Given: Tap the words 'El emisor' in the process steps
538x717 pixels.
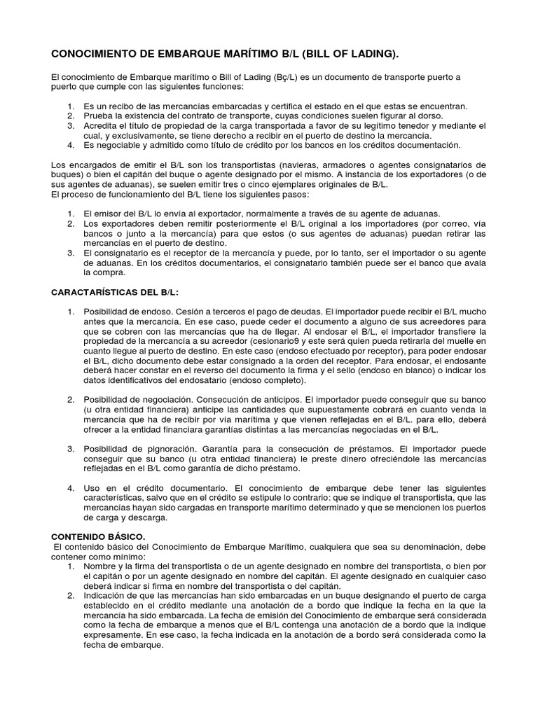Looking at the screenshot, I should click(102, 213).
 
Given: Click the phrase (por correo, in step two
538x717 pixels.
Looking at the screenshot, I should click(436, 223).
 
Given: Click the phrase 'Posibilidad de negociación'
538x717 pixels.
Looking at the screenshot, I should click(139, 398).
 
